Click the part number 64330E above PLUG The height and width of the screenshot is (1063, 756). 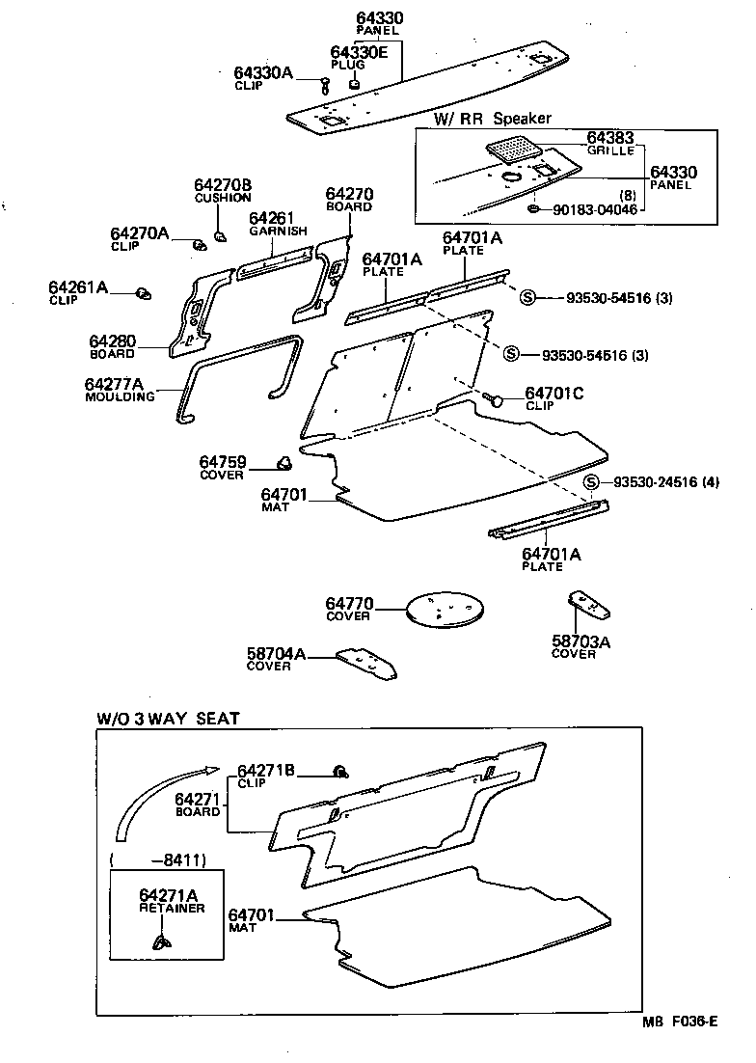coord(359,52)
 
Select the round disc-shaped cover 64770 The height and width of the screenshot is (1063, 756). coord(444,611)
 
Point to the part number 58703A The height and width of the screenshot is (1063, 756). coord(581,641)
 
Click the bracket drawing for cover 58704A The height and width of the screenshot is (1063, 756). coord(369,665)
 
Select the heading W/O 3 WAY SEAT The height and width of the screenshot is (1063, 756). coord(168,719)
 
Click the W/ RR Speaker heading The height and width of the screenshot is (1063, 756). coord(492,118)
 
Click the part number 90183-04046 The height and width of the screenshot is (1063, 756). coord(595,209)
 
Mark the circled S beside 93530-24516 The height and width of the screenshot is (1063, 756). coord(591,482)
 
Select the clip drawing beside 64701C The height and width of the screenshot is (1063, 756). coord(495,397)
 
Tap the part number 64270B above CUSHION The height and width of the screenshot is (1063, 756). coord(222,185)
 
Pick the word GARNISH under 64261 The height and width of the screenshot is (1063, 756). coord(278,232)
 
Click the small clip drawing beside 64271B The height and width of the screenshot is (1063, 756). coord(339,770)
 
